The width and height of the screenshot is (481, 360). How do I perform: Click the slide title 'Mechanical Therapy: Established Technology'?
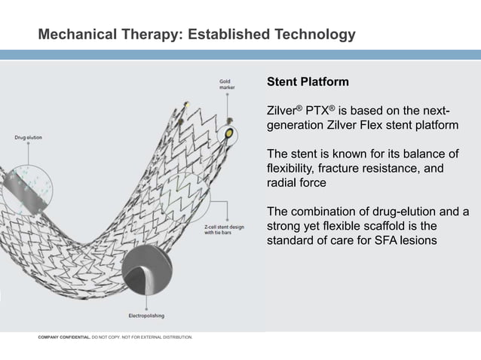[197, 35]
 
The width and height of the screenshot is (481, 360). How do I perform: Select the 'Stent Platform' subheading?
[308, 81]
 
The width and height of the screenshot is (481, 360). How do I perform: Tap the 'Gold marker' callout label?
[227, 84]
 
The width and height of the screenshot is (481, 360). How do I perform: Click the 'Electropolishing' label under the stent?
[147, 316]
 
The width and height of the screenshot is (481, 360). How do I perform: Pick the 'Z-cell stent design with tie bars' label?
[223, 229]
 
